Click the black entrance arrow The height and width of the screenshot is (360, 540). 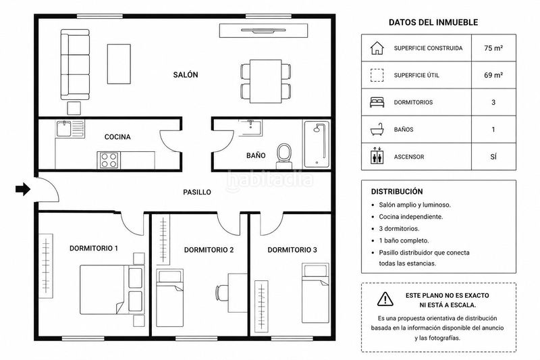tap(23, 189)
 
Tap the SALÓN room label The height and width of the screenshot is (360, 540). tap(186, 75)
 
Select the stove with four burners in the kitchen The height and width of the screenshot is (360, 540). tap(109, 161)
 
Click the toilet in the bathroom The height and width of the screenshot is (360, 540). tap(284, 156)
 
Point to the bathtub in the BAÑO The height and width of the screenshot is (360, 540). tap(317, 144)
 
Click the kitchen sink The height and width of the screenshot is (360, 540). tap(63, 128)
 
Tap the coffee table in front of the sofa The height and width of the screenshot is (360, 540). tap(119, 63)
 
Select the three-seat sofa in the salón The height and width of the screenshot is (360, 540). tap(75, 64)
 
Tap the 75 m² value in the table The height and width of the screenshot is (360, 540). tap(493, 48)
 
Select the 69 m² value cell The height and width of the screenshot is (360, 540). tap(493, 75)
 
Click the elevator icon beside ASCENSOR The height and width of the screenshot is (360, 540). tap(377, 157)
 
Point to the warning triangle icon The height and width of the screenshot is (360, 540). tap(385, 299)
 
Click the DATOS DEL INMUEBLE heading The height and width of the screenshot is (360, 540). tap(433, 22)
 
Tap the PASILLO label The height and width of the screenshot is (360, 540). tap(197, 192)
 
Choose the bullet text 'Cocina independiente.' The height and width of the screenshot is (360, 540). tap(411, 217)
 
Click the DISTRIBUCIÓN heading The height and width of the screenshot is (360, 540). tap(397, 192)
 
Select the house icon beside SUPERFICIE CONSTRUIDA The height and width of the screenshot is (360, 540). tap(377, 48)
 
